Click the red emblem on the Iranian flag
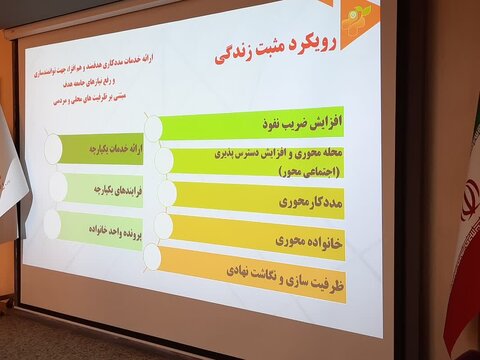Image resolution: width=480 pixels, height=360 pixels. (x=469, y=199)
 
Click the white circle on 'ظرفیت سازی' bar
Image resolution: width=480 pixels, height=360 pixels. (x=152, y=258)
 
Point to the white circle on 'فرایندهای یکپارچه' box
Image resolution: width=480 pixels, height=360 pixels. (x=59, y=187)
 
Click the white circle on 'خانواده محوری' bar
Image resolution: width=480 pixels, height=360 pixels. (x=161, y=227)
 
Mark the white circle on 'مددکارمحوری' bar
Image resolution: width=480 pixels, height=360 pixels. (x=166, y=194)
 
